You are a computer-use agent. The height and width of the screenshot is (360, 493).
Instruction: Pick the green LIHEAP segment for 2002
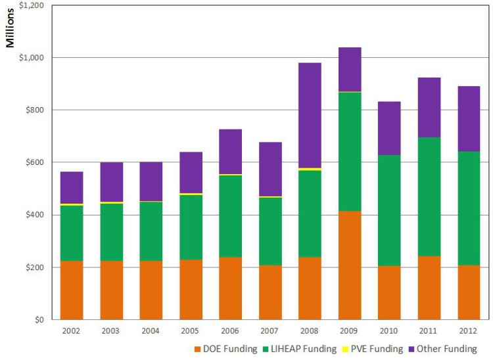(x=72, y=233)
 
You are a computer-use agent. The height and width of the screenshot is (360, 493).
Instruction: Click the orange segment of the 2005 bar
(x=191, y=290)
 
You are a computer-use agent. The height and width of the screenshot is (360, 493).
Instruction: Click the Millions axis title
(x=11, y=29)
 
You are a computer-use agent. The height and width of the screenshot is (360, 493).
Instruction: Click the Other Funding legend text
(x=448, y=349)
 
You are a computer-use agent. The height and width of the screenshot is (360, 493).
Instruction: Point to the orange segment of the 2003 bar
(x=112, y=290)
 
